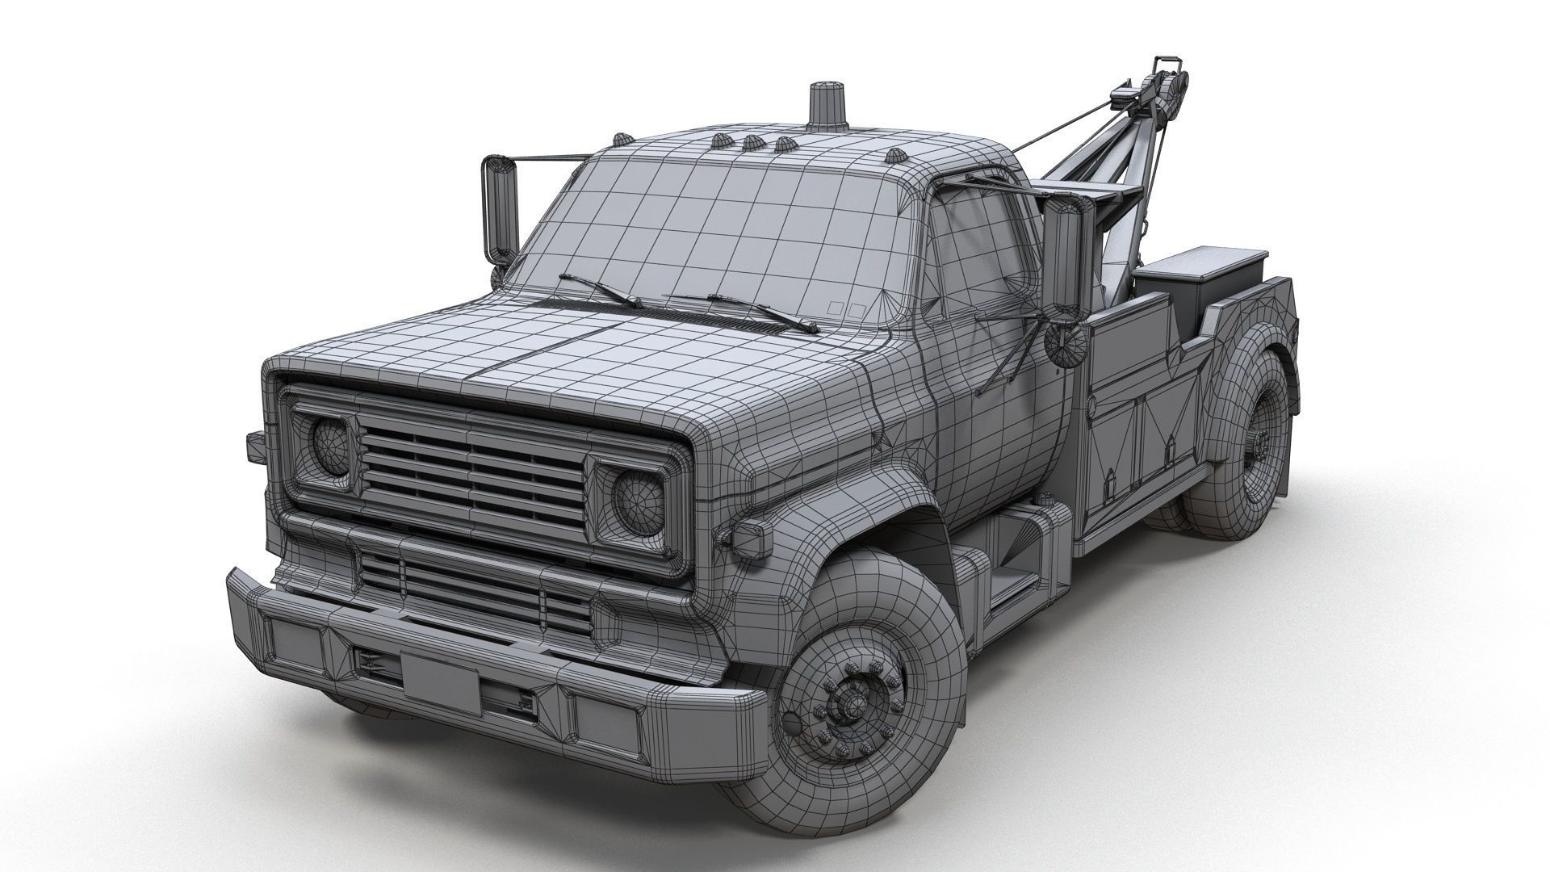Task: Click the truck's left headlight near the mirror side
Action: click(330, 446)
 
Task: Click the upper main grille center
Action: click(472, 472)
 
